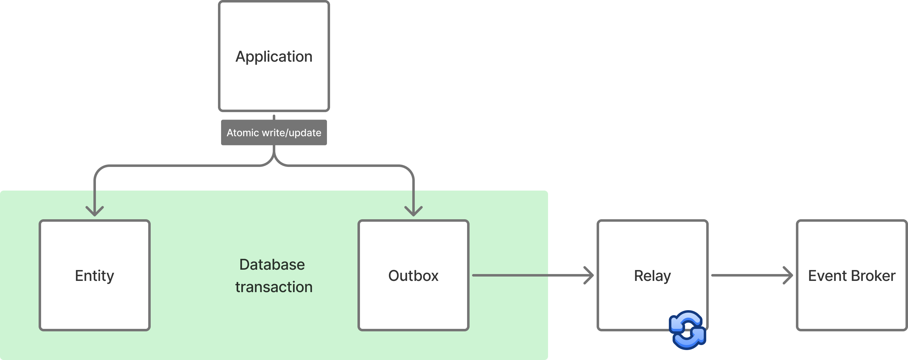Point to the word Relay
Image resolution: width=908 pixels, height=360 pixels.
pos(652,276)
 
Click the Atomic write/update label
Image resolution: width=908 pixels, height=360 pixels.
pos(274,133)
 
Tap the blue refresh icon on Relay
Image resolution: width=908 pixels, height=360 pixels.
pos(687,330)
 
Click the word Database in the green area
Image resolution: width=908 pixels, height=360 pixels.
pos(272,264)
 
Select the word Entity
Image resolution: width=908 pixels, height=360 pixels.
pos(94,276)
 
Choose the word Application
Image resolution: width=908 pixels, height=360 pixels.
pos(274,56)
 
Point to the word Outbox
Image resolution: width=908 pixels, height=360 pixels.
pos(413,276)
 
